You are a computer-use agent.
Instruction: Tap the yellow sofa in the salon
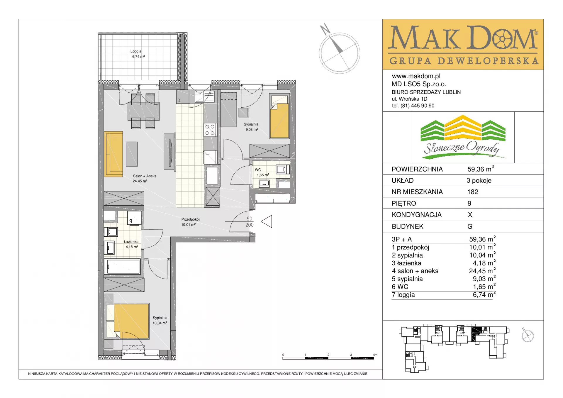[113, 154]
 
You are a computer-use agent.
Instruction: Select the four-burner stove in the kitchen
[210, 130]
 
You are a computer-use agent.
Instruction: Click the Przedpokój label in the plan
[190, 219]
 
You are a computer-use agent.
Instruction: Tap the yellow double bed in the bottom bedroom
[131, 321]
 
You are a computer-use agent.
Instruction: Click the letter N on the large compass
[325, 29]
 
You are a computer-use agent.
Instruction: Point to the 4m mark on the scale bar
[375, 355]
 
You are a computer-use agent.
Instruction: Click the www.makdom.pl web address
[416, 76]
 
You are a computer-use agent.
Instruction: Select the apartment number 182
[473, 192]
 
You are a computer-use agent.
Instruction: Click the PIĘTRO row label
[404, 204]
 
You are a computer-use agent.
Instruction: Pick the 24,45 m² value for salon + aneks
[482, 271]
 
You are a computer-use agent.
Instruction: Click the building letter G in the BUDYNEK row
[470, 226]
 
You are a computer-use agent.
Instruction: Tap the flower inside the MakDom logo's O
[503, 39]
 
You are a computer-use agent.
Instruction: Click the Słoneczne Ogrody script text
[462, 148]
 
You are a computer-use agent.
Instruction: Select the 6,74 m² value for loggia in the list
[484, 294]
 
